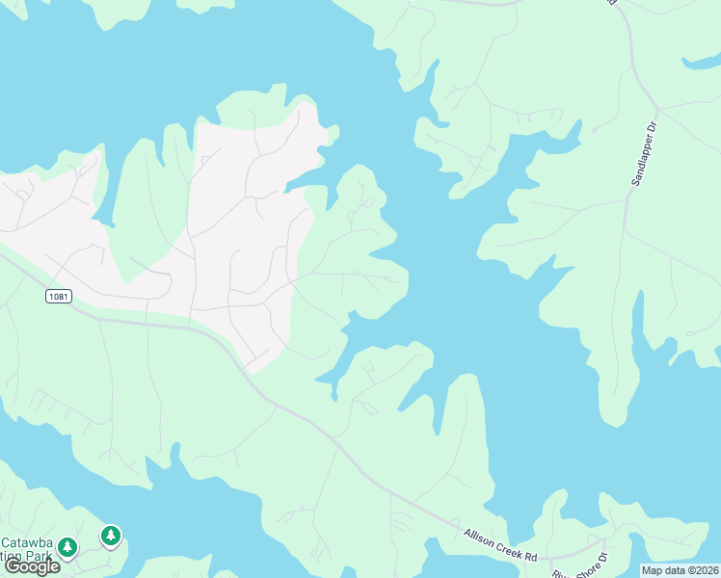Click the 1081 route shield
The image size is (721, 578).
point(58,297)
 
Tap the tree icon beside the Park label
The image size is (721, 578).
point(67,547)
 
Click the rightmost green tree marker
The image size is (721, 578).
point(111,535)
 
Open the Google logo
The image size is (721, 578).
point(32,566)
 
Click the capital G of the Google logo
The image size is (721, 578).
point(13,566)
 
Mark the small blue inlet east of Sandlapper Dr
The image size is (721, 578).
point(700,65)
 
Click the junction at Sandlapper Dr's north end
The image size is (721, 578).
point(658,108)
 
